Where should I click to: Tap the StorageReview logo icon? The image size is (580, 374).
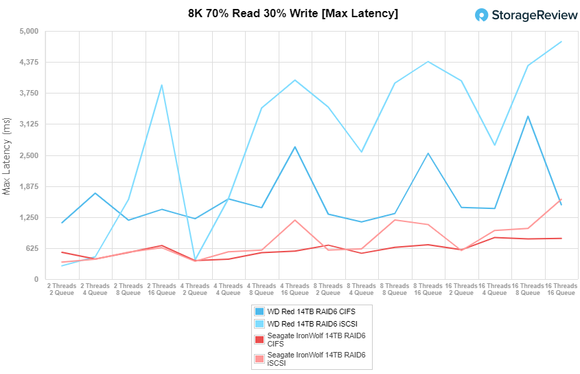point(483,15)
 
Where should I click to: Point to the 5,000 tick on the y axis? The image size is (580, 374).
point(28,32)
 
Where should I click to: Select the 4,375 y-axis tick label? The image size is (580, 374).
point(28,63)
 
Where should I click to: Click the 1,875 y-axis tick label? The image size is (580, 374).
point(28,187)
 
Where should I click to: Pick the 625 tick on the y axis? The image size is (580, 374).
point(32,249)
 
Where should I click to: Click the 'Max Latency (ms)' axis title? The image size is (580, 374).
point(8,155)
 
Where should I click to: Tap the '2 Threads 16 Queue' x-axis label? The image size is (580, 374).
point(162,289)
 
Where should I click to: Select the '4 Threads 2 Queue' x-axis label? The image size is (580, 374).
point(195,289)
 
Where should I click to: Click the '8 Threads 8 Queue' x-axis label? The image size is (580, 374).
point(395,289)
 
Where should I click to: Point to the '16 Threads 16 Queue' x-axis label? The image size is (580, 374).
point(561,289)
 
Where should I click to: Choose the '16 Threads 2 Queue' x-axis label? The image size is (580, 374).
point(461,289)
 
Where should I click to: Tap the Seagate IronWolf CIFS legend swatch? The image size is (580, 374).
point(259,339)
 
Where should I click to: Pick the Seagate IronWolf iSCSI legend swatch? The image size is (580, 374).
point(259,358)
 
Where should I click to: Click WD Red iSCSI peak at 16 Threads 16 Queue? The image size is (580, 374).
point(561,42)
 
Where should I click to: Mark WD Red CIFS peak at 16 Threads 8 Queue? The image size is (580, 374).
point(528,116)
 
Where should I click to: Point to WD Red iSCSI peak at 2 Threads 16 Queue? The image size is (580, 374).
point(162,85)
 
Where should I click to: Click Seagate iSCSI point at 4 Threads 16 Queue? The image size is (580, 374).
point(295,220)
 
